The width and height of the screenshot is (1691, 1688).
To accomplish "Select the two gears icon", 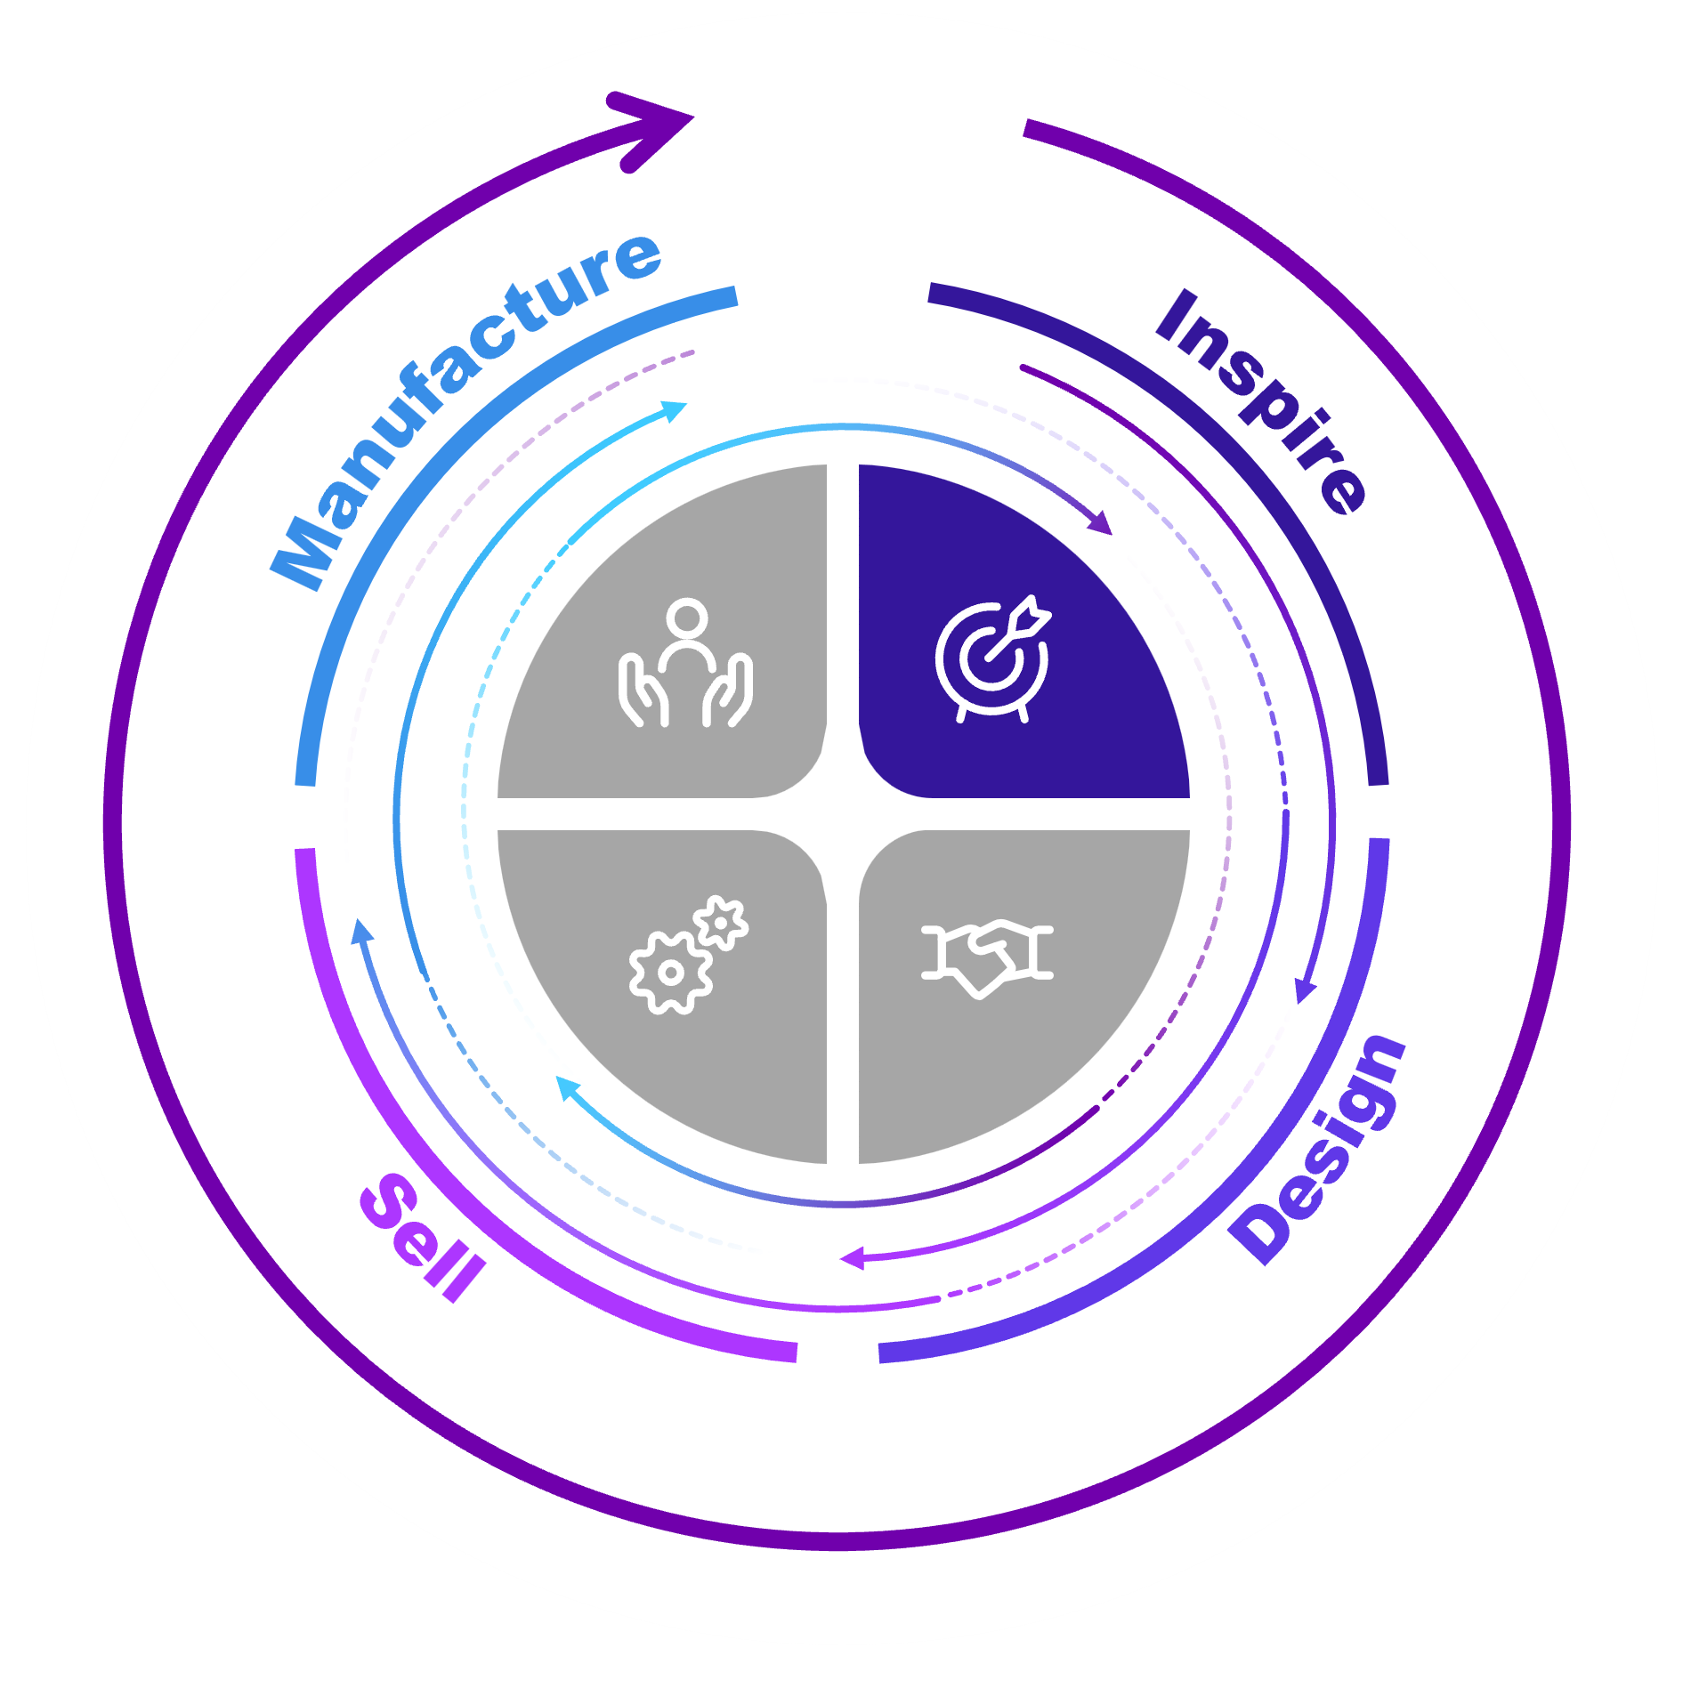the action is pyautogui.click(x=688, y=954).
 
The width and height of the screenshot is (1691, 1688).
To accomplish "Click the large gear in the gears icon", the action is pyautogui.click(x=670, y=973).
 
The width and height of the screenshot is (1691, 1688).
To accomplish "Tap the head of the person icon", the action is pyautogui.click(x=687, y=618).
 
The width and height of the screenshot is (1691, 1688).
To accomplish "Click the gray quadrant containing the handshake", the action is pyautogui.click(x=1015, y=988).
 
